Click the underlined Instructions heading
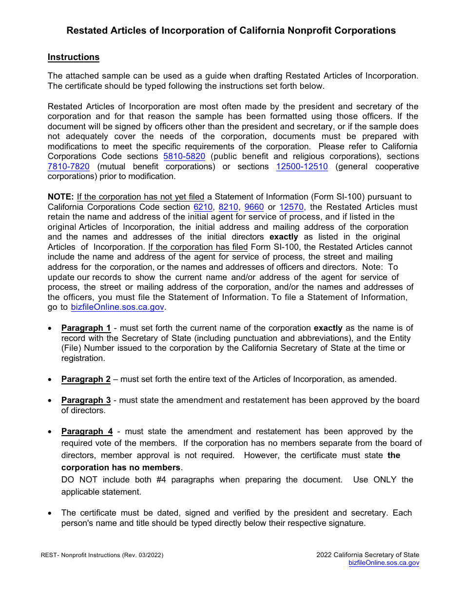point(73,57)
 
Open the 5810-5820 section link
point(184,157)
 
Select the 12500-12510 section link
point(302,167)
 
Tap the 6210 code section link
point(203,207)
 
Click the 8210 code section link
point(228,207)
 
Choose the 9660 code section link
point(254,207)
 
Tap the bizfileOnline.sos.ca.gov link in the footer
point(384,563)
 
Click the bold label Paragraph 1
point(86,328)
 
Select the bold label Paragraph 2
point(86,380)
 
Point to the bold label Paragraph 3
point(86,400)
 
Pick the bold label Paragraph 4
point(87,432)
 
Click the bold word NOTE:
point(60,197)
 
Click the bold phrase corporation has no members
point(120,468)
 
